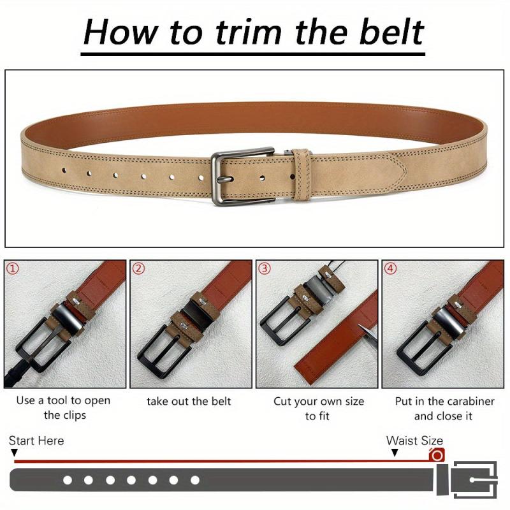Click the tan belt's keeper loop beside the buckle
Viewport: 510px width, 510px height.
(x=301, y=175)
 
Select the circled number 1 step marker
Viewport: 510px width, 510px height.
(x=13, y=268)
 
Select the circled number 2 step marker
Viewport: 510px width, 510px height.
(x=138, y=268)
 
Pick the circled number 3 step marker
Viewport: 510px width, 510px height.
(x=265, y=268)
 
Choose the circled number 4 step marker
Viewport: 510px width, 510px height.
(x=391, y=268)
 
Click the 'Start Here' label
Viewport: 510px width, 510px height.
(x=36, y=441)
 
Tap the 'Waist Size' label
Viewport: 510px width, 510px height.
(x=415, y=441)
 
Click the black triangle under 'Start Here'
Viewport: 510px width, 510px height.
(x=14, y=453)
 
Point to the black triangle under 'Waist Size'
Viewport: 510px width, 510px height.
(x=395, y=453)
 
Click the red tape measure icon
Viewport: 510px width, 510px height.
(x=437, y=455)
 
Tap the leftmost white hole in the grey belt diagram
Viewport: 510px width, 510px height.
(x=68, y=480)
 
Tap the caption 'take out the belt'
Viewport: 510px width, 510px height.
(x=189, y=402)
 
